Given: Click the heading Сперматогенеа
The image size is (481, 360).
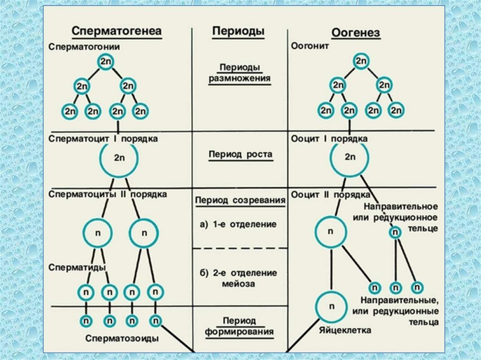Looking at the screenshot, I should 117,31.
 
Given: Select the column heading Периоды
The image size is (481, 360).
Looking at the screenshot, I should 238,31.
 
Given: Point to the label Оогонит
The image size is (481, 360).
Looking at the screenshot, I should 310,47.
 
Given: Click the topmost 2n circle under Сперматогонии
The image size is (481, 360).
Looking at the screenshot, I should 105,62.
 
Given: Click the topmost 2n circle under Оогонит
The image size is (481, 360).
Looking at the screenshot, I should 361,61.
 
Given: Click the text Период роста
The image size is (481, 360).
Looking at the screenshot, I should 240,155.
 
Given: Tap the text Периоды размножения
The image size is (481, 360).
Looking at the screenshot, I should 239,73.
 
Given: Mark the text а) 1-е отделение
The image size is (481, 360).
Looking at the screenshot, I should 239,224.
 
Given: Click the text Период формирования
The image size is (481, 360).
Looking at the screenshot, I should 239,327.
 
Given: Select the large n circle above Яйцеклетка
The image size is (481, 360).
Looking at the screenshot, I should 331,306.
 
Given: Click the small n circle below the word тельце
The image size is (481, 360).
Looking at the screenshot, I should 396,232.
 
